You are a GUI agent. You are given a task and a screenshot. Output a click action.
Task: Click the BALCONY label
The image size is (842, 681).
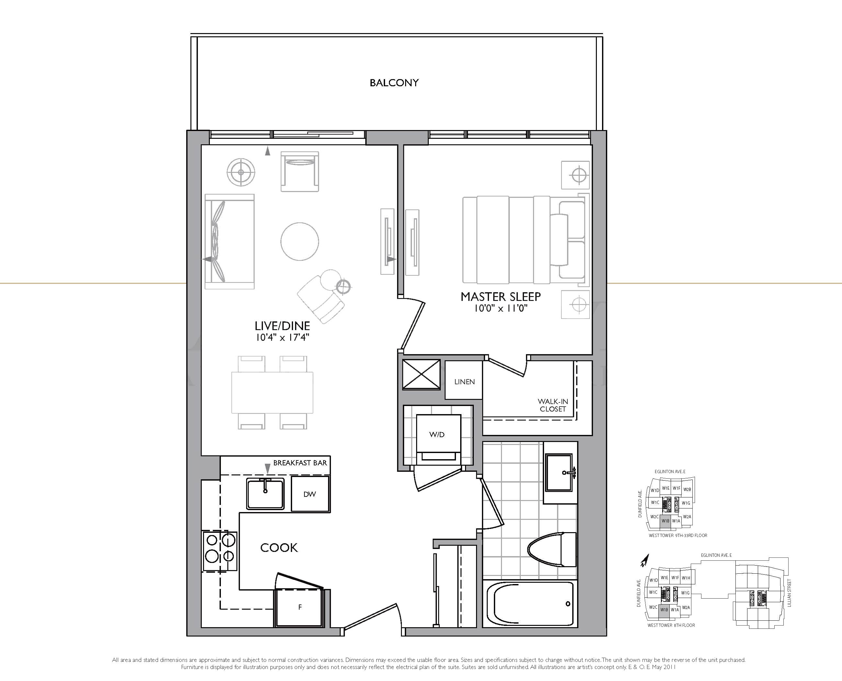point(394,83)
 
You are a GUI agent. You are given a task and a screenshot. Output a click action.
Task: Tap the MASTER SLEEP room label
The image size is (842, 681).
point(500,297)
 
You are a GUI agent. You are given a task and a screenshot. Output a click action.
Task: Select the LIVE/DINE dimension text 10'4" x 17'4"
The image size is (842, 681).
point(282,337)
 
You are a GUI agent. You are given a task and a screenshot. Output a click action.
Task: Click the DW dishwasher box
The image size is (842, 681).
point(310,494)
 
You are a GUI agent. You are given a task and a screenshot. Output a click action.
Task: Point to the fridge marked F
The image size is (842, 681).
point(300,607)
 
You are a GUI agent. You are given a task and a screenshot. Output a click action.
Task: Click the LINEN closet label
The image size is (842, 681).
point(464,382)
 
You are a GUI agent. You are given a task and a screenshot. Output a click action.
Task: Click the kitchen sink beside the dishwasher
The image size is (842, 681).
point(265,494)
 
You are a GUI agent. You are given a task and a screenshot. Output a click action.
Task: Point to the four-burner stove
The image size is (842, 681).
point(220,551)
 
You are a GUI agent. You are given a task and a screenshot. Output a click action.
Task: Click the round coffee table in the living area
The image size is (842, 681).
point(300,241)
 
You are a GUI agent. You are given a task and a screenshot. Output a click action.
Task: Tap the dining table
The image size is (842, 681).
point(272,392)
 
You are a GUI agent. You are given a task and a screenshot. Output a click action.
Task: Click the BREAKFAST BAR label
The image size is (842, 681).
point(300,463)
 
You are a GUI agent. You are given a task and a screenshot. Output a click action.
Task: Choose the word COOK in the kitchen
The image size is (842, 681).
point(279,548)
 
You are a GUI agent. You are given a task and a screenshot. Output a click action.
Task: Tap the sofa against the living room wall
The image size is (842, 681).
point(229,241)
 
